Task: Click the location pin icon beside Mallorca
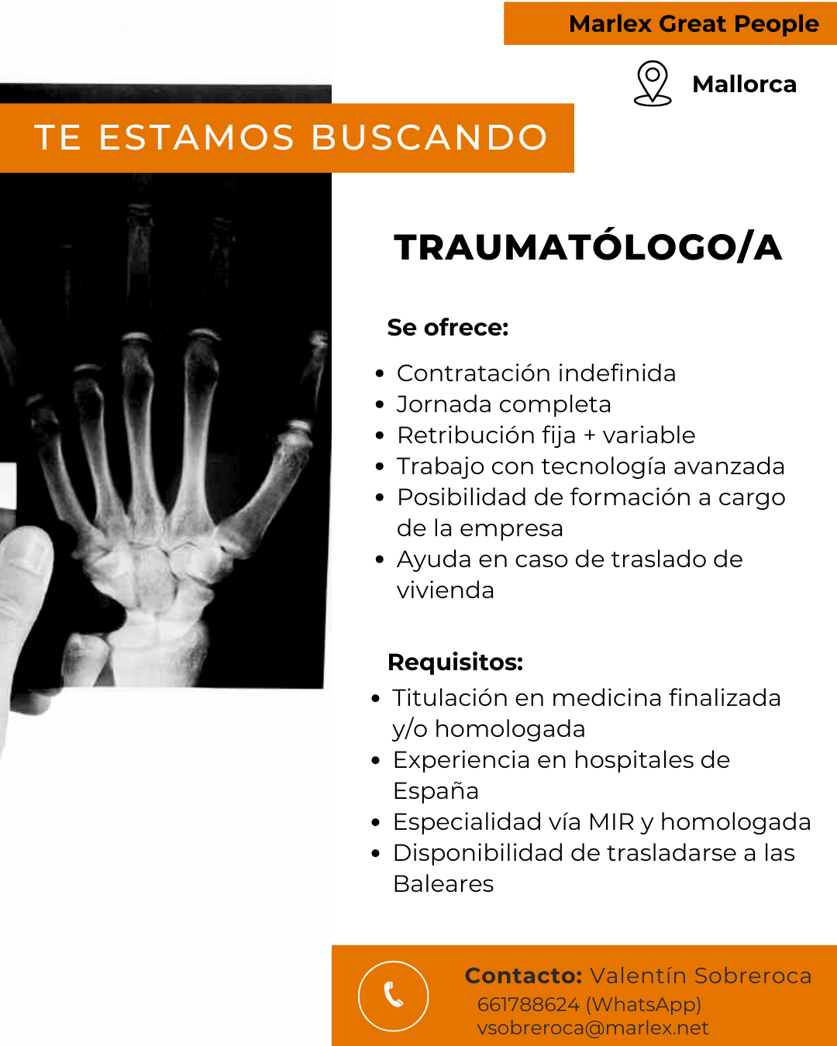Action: point(653,83)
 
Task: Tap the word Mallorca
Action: point(744,84)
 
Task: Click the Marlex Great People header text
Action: point(694,24)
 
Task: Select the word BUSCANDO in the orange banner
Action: point(430,137)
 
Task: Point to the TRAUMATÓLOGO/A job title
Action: point(588,248)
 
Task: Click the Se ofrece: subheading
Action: point(448,327)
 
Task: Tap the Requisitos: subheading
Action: point(455,662)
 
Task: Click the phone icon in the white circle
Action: point(394,995)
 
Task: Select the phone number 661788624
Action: point(529,1005)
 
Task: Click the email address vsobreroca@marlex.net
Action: point(593,1028)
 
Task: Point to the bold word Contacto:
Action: point(523,976)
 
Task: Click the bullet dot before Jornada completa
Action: point(380,405)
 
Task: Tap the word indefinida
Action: point(617,373)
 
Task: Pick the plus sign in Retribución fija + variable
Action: point(589,435)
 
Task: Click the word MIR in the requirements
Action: point(611,822)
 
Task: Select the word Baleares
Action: point(443,883)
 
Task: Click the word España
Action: point(436,791)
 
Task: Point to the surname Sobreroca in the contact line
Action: point(753,976)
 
